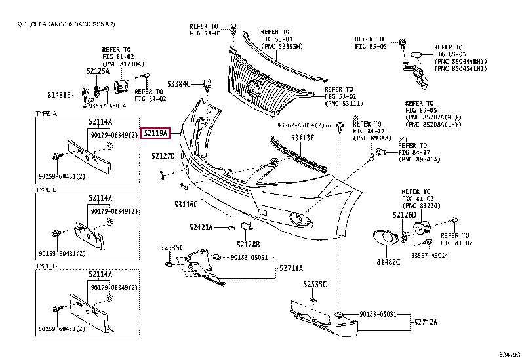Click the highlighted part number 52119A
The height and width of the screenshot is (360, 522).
click(x=156, y=134)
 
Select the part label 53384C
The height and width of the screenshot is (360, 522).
click(x=178, y=84)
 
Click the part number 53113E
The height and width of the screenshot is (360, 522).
click(x=302, y=138)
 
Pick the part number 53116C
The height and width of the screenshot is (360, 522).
click(x=186, y=204)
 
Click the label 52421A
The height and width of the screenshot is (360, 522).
click(x=201, y=228)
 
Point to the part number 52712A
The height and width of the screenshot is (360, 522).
click(x=426, y=322)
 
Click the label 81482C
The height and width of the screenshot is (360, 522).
click(x=388, y=262)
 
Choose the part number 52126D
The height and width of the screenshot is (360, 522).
click(x=405, y=214)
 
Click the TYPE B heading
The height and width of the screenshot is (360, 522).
click(x=46, y=189)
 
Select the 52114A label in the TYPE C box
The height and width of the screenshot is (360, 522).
click(x=100, y=272)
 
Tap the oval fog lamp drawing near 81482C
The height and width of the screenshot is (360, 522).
click(x=382, y=237)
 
